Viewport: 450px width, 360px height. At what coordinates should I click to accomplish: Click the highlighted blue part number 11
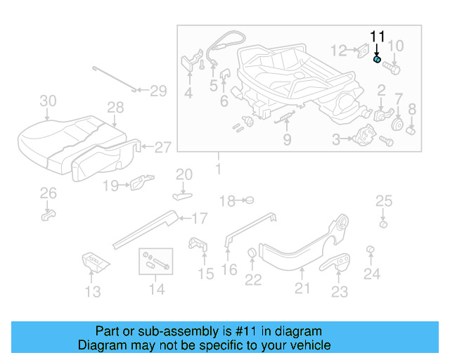pos(378,61)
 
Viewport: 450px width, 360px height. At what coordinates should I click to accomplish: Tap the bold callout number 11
pos(378,36)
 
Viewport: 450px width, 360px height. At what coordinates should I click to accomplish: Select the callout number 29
pos(158,90)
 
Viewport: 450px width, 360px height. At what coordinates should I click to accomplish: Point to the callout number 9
pos(288,140)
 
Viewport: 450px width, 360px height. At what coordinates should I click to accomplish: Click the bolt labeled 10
pos(392,69)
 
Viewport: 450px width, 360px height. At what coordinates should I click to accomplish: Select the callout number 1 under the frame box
pos(217,169)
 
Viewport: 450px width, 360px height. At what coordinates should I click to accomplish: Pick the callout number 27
pos(162,148)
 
